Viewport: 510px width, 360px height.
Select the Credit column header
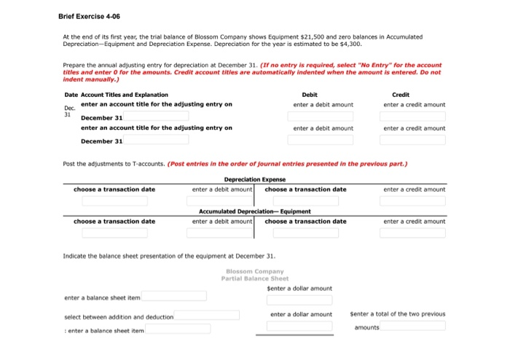[x=400, y=95]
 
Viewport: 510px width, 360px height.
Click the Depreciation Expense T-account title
[x=254, y=179]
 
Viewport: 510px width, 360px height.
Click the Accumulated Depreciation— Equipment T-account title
[x=254, y=211]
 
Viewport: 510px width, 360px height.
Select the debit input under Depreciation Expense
[x=219, y=200]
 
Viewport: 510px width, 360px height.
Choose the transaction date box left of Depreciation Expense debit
[x=114, y=200]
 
